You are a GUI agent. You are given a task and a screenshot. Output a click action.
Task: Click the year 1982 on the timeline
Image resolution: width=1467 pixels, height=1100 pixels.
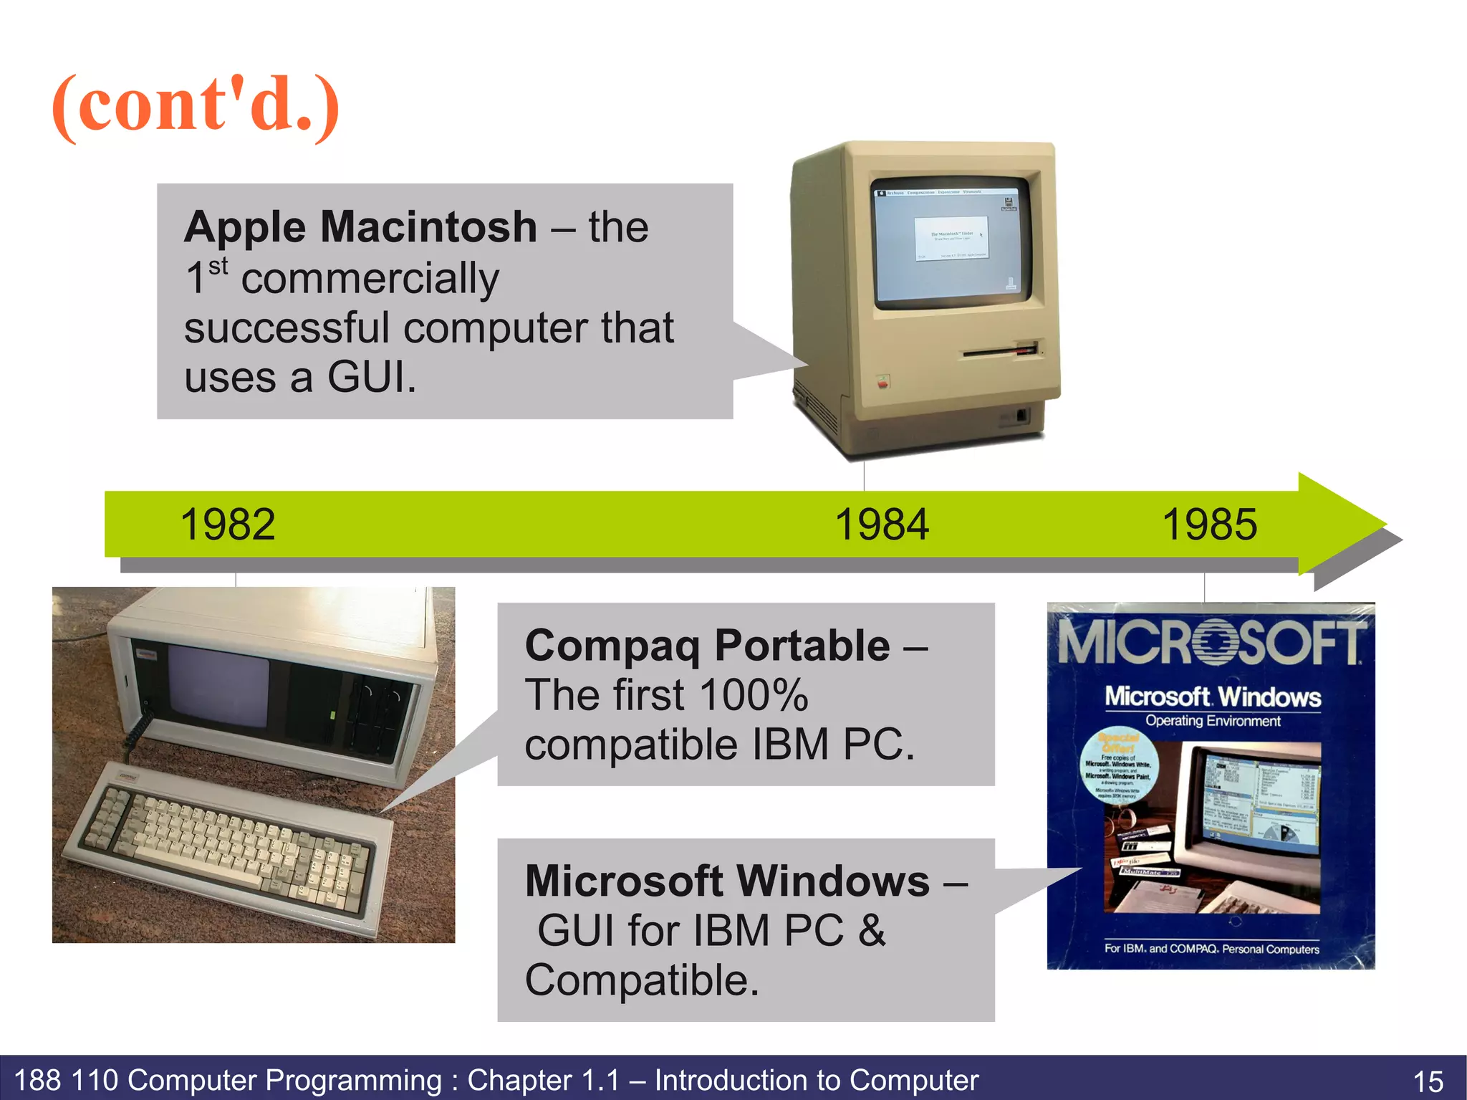pyautogui.click(x=228, y=525)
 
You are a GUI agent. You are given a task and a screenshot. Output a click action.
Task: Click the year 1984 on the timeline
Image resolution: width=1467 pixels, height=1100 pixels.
pyautogui.click(x=882, y=525)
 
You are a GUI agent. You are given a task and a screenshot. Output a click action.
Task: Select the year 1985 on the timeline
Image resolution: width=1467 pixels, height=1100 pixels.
pyautogui.click(x=1209, y=525)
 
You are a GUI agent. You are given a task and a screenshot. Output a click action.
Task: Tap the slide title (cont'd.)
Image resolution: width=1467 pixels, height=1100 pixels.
pyautogui.click(x=196, y=105)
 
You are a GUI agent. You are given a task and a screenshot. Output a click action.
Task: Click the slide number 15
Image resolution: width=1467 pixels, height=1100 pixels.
pyautogui.click(x=1428, y=1081)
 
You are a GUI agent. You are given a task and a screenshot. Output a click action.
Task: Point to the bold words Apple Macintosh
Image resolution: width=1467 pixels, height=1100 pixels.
pyautogui.click(x=360, y=227)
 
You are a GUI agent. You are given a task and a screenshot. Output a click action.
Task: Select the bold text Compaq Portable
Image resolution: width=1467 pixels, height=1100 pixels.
pyautogui.click(x=708, y=646)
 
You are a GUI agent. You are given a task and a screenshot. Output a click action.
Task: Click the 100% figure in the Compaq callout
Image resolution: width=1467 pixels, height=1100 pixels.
pyautogui.click(x=754, y=695)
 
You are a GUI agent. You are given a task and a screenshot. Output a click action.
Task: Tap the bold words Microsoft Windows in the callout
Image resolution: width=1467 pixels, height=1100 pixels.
pyautogui.click(x=727, y=881)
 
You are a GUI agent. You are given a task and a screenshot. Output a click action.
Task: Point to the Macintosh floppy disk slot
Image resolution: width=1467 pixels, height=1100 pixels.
pyautogui.click(x=1000, y=352)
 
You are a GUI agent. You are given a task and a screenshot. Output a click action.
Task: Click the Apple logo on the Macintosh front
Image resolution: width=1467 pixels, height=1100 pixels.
pyautogui.click(x=883, y=382)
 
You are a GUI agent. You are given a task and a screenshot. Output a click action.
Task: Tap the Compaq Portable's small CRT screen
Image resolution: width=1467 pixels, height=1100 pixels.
pyautogui.click(x=218, y=683)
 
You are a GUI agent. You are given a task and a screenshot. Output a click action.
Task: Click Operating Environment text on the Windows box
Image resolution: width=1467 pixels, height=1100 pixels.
pyautogui.click(x=1213, y=721)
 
